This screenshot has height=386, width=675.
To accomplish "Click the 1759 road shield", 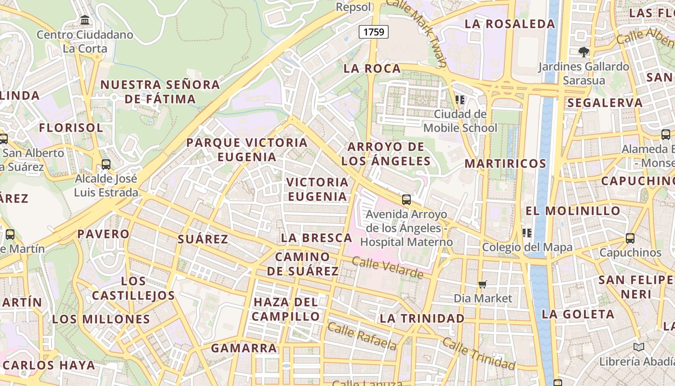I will point(374,32).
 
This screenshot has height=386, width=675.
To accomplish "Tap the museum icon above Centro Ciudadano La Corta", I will point(85,20).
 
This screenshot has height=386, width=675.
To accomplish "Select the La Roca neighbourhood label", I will point(372,69).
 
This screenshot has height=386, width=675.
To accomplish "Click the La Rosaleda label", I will point(510,24).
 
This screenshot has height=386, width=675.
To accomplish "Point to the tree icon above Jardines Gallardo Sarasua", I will point(584,52).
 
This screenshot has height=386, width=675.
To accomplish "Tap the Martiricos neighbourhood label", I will point(505,164).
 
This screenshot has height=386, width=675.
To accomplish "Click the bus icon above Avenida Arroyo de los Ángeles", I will point(406,199).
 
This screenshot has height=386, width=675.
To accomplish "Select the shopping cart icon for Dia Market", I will point(483,285).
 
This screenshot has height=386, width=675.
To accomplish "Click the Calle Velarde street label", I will point(387,268).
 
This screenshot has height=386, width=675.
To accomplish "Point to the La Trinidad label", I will point(422,318).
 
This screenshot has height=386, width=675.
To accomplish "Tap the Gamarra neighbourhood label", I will point(244,348).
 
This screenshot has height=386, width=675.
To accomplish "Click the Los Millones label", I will point(101,319).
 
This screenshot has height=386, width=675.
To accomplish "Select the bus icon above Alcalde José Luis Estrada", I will point(106,165).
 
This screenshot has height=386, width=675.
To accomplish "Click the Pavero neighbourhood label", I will point(104,234).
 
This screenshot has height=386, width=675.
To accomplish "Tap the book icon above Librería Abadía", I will point(639,347).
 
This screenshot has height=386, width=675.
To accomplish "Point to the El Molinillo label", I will point(573,211).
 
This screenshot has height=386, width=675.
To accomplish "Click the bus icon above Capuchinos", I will point(630,238).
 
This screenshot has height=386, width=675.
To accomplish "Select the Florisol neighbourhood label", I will point(71,128).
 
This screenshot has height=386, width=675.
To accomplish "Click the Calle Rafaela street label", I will point(362,336).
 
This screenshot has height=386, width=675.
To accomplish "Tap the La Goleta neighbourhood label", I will point(578,314).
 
